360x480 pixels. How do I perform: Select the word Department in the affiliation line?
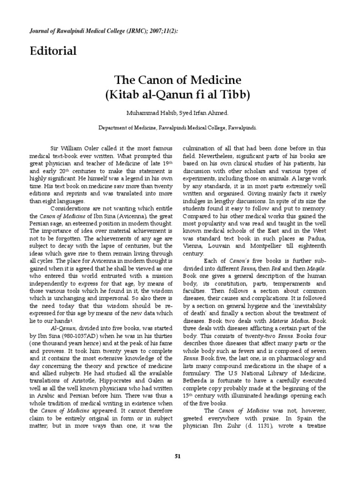pos(114,127)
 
